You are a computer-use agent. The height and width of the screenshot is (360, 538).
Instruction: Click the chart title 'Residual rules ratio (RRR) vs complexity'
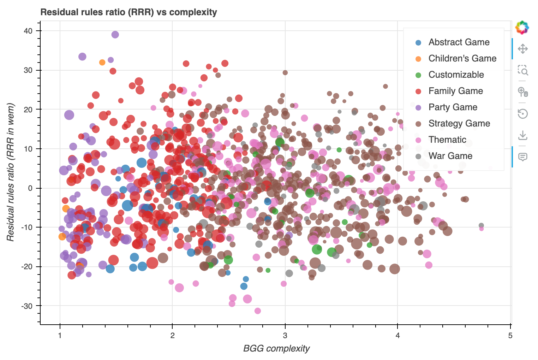click(128, 12)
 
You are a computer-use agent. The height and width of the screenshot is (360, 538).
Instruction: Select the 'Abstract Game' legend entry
click(459, 42)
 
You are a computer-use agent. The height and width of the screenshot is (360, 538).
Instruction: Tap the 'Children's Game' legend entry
click(462, 58)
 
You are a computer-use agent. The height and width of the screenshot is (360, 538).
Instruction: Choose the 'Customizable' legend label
click(456, 75)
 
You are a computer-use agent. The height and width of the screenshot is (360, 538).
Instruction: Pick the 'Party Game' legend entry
click(453, 107)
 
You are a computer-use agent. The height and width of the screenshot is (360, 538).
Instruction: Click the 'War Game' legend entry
click(450, 156)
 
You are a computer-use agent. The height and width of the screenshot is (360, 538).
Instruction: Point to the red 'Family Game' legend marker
click(418, 91)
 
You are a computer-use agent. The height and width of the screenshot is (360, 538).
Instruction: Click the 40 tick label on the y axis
click(28, 31)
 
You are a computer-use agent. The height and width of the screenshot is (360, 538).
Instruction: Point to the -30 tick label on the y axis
click(27, 306)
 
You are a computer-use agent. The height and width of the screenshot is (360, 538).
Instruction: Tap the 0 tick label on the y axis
click(30, 188)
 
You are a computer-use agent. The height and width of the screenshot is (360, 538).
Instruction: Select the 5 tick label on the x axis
click(510, 335)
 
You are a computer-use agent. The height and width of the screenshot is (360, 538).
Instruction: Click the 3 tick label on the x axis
click(285, 335)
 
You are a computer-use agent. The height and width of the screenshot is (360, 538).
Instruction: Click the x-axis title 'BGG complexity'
click(276, 348)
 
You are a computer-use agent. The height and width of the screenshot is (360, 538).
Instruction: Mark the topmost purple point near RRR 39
click(115, 35)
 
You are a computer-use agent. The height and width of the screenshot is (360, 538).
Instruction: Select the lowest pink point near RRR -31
click(258, 311)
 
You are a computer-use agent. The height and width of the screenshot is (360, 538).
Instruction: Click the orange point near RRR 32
click(102, 63)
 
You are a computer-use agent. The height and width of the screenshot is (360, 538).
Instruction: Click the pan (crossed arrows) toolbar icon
click(522, 49)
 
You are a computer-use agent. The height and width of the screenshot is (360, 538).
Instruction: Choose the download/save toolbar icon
click(522, 135)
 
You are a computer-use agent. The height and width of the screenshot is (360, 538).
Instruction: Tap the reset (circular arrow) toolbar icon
click(522, 113)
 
